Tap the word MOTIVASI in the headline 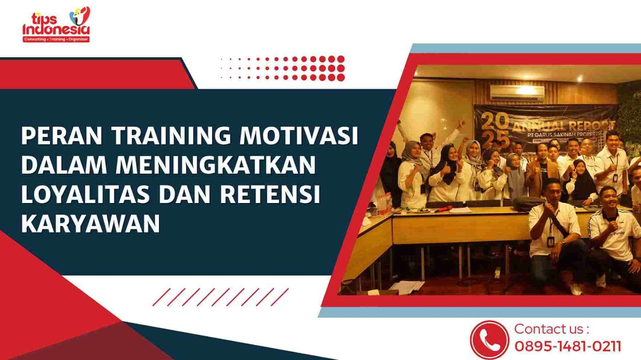click(298, 136)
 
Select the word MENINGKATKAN click(216, 165)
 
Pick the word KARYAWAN click(91, 223)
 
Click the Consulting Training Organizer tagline click(56, 39)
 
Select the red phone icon click(489, 340)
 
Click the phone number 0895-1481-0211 click(568, 346)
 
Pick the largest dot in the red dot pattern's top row click(341, 59)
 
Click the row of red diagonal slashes click(220, 297)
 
